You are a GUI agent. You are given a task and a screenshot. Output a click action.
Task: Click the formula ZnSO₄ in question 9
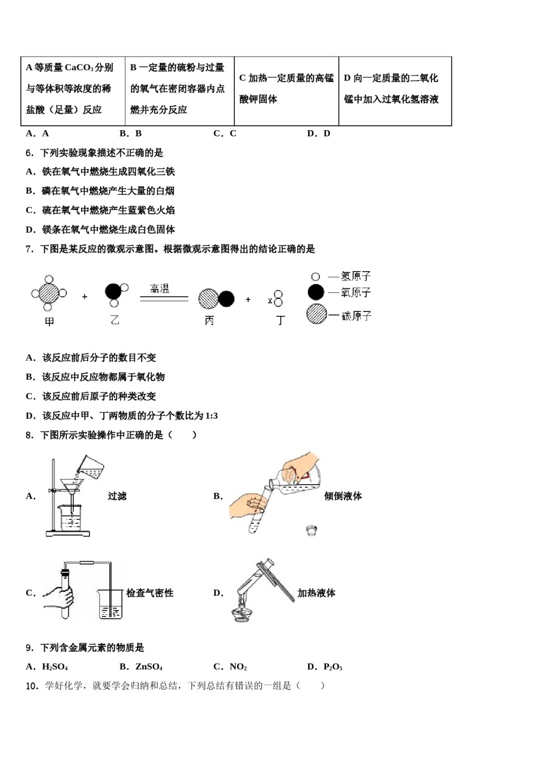[149, 667]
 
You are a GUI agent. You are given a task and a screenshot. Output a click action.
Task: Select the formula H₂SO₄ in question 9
[55, 667]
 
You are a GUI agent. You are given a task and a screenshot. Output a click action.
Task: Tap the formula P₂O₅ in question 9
[333, 667]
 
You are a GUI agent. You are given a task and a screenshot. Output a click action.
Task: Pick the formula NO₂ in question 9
[238, 667]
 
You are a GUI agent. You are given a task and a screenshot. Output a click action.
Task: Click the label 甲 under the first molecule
[49, 322]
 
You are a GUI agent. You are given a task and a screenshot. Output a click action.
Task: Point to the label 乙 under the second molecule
[115, 320]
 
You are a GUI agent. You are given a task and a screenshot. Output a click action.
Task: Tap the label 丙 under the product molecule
[209, 320]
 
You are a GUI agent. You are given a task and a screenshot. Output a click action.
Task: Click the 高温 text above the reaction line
[160, 289]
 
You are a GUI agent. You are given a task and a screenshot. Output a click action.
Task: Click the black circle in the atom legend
[316, 292]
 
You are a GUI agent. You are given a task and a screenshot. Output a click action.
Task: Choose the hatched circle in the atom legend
[317, 314]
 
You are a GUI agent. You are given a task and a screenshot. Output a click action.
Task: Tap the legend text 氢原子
[356, 276]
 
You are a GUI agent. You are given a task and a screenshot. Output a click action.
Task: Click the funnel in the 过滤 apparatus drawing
[72, 487]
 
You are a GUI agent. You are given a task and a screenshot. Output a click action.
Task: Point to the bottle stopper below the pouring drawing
[310, 531]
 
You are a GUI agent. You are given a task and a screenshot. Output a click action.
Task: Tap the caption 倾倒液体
[343, 496]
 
